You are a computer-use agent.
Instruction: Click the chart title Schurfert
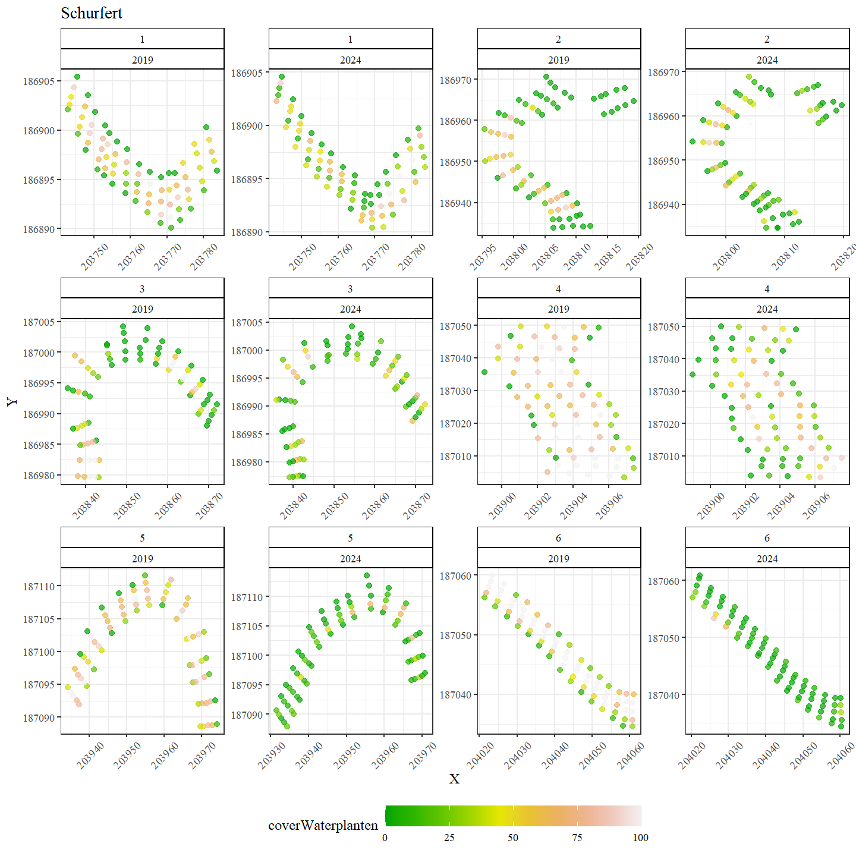tap(92, 13)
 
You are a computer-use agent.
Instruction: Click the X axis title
tap(454, 779)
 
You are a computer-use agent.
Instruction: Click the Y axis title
tap(12, 402)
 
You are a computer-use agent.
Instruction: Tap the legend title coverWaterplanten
tap(323, 825)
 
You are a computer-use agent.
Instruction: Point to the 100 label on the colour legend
tap(640, 838)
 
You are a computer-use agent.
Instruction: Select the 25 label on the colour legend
tap(449, 838)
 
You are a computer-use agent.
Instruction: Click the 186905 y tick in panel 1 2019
tap(39, 81)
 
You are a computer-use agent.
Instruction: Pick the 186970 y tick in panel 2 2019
tap(455, 80)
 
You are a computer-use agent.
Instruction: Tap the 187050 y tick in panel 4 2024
tap(663, 327)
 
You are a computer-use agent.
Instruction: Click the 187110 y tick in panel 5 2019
tap(39, 587)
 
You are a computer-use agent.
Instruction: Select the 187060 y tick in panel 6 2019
tap(455, 576)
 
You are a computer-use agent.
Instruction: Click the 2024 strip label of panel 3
tap(351, 309)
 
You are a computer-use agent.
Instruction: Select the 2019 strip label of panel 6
tap(559, 559)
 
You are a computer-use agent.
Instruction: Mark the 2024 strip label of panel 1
tap(351, 60)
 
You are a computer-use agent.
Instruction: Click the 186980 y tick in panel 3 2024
tap(247, 462)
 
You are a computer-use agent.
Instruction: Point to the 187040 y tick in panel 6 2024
tap(663, 695)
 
